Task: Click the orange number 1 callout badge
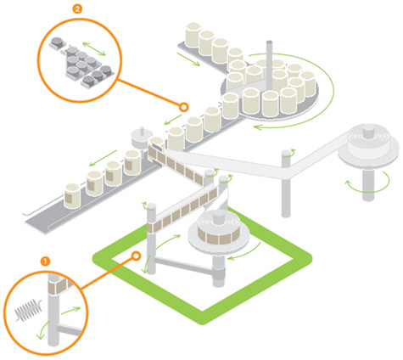click(x=45, y=262)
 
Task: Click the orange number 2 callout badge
click(x=77, y=8)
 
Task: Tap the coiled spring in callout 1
click(x=29, y=310)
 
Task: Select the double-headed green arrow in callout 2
click(x=94, y=48)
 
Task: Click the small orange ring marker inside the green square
click(x=137, y=256)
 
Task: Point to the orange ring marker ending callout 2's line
click(x=184, y=107)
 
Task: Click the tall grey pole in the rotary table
click(x=269, y=65)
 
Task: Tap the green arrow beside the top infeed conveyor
click(x=188, y=59)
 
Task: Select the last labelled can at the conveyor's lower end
click(x=72, y=196)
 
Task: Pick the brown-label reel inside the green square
click(x=219, y=232)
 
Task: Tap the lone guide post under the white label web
click(x=286, y=183)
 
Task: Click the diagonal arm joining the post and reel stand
click(x=185, y=265)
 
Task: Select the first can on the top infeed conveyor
click(x=193, y=35)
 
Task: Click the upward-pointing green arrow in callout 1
click(x=70, y=311)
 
